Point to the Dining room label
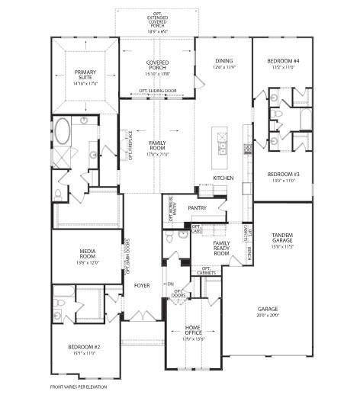point(223,63)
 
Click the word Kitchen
point(223,178)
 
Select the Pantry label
point(197,207)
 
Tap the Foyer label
point(143,286)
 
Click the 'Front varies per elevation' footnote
point(79,387)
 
